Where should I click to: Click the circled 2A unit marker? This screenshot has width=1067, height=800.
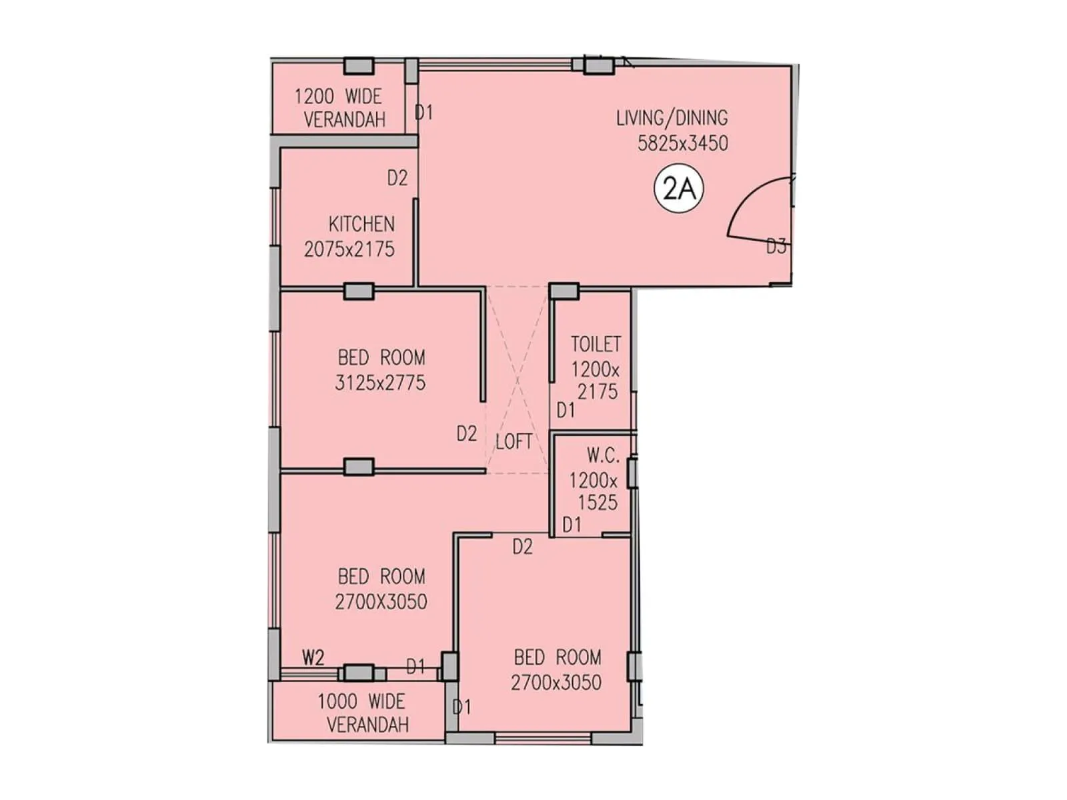(x=679, y=189)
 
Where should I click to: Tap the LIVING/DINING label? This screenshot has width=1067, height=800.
(x=672, y=118)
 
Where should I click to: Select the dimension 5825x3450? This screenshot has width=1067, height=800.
(x=682, y=143)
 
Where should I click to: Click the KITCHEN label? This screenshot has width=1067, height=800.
(x=361, y=224)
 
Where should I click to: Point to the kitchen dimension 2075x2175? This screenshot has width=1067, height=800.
(x=349, y=249)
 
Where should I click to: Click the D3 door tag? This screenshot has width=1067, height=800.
(x=776, y=247)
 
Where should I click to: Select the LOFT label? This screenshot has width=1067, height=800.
(x=513, y=441)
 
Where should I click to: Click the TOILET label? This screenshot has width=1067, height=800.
(x=596, y=344)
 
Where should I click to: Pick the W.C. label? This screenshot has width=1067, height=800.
(x=603, y=456)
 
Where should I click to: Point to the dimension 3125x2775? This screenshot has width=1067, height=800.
(x=380, y=383)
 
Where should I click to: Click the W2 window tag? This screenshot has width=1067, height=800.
(x=313, y=658)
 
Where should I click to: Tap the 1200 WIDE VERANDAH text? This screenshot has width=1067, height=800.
(x=339, y=108)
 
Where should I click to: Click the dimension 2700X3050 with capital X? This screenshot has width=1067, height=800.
(x=381, y=602)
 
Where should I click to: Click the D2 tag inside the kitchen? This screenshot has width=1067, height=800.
(x=397, y=178)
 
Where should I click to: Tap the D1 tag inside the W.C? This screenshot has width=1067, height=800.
(x=572, y=525)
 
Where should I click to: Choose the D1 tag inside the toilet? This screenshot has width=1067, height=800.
(x=566, y=410)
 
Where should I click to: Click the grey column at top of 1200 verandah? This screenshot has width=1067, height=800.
(x=359, y=65)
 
